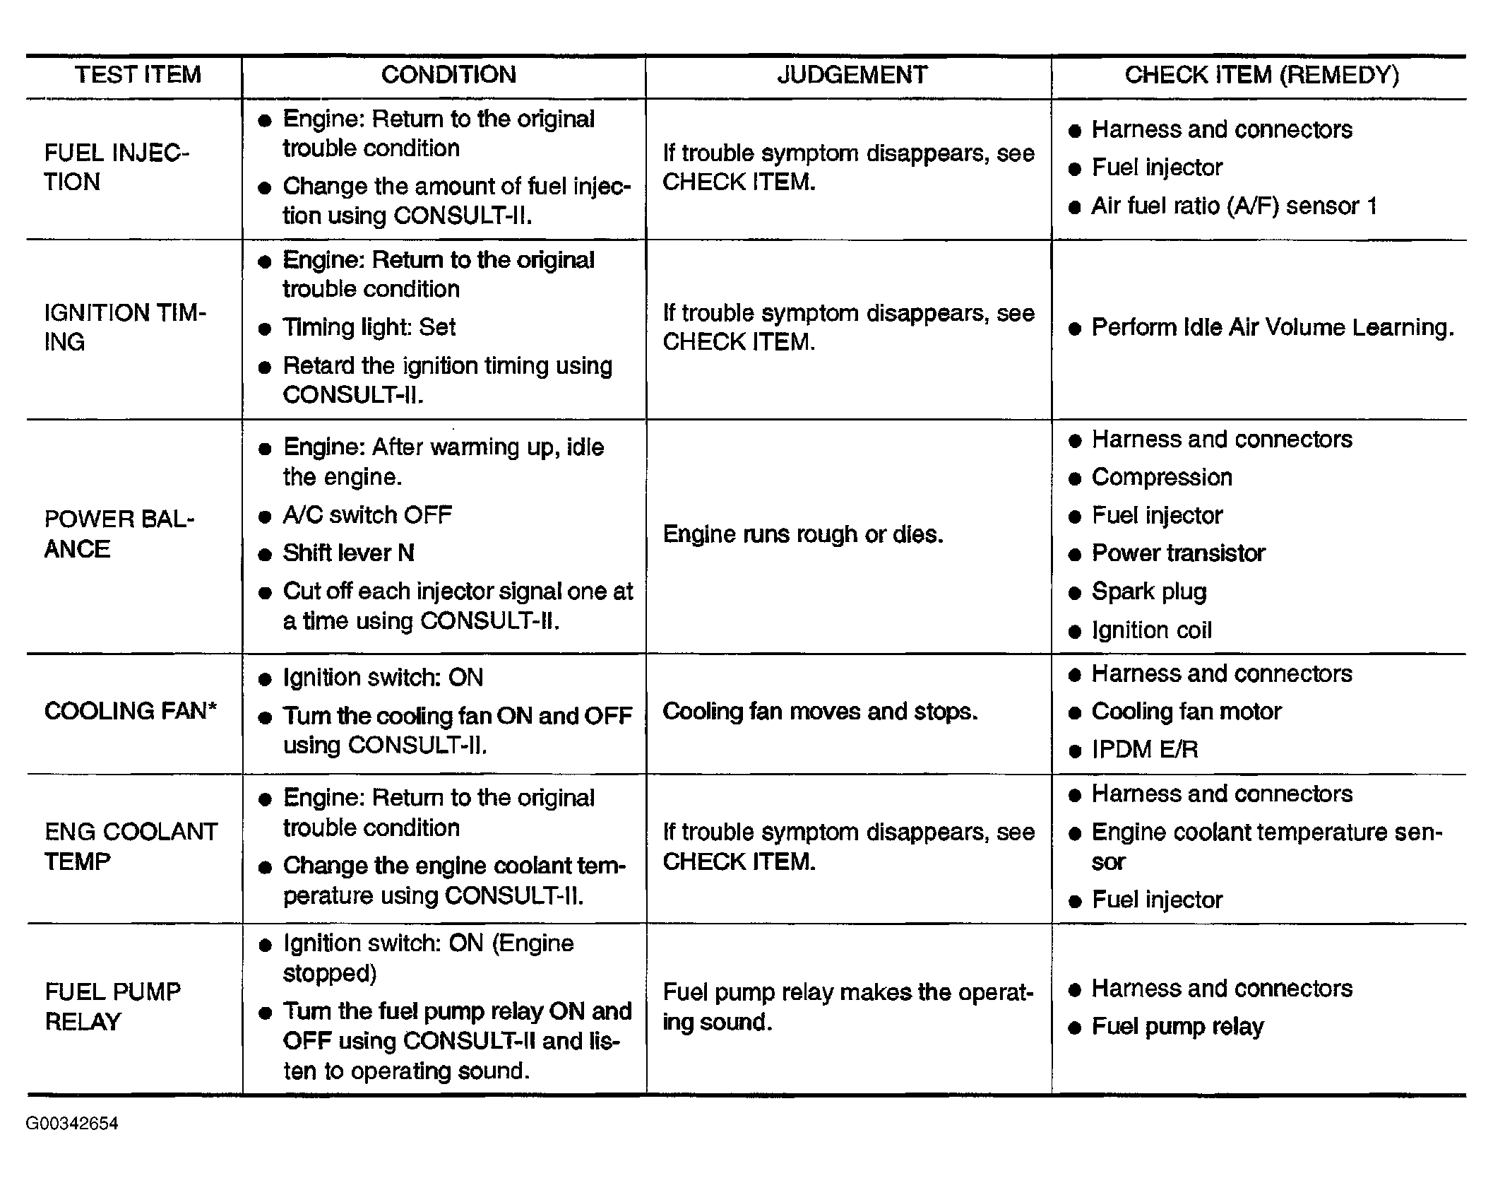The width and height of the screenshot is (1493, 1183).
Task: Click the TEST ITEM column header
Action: pos(138,75)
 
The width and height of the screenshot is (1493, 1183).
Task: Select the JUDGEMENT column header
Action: pos(852,75)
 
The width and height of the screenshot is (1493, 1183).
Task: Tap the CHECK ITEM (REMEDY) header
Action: pos(1261,75)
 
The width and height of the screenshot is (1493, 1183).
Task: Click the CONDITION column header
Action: pos(448,75)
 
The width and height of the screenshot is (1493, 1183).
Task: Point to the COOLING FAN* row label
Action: pos(131,711)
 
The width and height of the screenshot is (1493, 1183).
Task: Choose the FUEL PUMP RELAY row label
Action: pos(113,1006)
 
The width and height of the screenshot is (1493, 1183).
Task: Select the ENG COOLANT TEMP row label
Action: pos(131,847)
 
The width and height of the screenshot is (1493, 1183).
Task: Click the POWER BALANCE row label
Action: pos(119,534)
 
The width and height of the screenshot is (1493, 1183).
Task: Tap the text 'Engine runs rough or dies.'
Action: pos(803,534)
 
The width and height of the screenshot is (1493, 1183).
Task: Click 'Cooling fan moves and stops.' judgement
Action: pos(820,711)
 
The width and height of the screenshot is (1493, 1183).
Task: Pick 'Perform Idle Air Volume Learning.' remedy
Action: pos(1273,327)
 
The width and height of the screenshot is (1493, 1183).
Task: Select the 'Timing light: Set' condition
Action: pos(369,327)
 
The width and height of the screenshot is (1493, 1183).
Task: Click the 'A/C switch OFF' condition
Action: pos(367,514)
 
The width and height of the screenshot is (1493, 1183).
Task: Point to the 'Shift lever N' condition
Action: pos(348,553)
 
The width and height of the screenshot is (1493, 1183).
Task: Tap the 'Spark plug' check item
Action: pos(1149,591)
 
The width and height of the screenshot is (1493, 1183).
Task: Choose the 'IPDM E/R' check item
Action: pos(1145,749)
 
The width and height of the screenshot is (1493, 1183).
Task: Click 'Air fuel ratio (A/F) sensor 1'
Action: pos(1234,206)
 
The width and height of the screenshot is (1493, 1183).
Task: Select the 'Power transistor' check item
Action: pos(1178,553)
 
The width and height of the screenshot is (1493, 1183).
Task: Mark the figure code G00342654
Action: pos(72,1124)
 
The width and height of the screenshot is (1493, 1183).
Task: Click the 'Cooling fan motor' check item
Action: pos(1186,711)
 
